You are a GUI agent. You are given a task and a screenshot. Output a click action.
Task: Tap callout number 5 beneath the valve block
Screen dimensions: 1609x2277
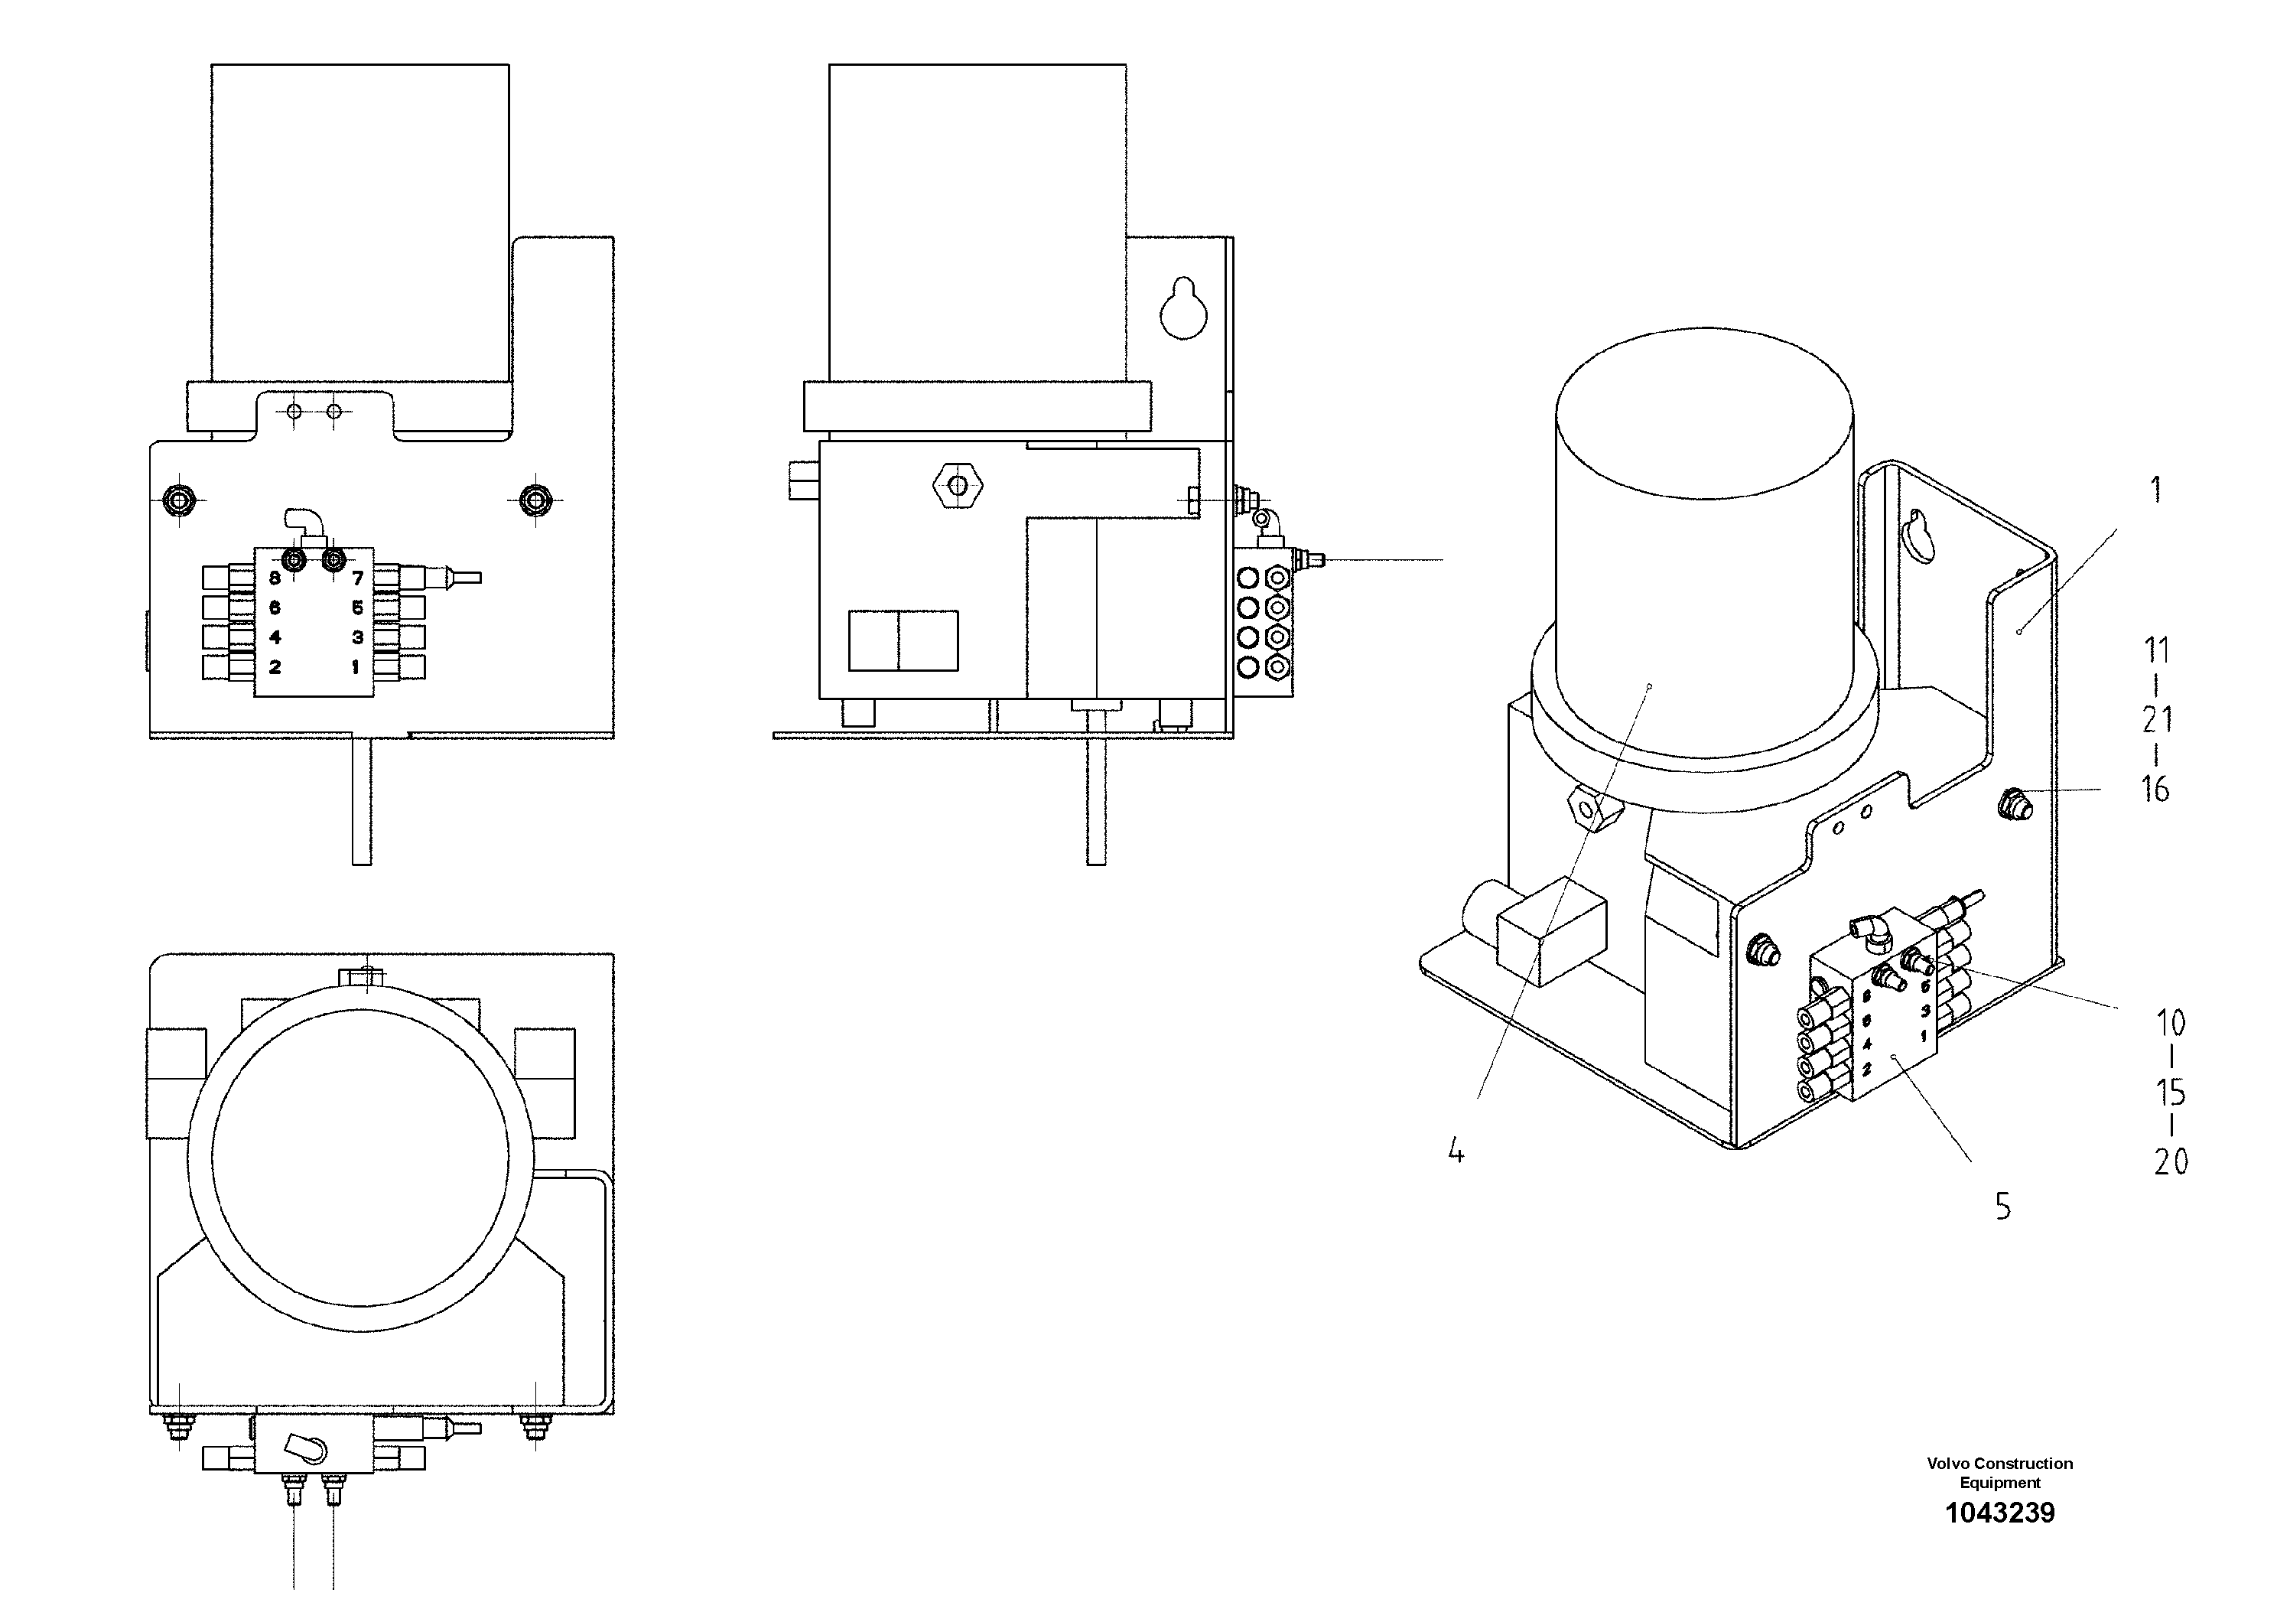2002,1207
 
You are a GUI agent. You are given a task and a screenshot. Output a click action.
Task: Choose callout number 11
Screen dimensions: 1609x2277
2156,651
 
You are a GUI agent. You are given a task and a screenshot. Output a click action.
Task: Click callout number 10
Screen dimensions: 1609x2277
2170,1023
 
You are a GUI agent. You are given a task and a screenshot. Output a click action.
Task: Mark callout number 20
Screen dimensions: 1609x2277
2170,1161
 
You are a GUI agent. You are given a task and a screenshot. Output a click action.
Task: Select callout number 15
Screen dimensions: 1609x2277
2170,1092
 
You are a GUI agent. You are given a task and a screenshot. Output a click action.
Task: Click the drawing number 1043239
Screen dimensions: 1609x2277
1999,1514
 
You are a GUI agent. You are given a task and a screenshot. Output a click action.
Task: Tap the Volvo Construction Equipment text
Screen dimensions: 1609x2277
1999,1473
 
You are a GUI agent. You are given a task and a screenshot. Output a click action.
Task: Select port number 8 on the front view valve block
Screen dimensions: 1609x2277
275,578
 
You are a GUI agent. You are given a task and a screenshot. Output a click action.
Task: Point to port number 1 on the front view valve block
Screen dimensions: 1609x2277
355,668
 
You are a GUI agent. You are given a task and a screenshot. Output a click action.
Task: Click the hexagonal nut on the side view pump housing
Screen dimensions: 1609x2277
957,485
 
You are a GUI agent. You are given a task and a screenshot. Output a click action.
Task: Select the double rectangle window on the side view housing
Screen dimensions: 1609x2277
903,641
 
